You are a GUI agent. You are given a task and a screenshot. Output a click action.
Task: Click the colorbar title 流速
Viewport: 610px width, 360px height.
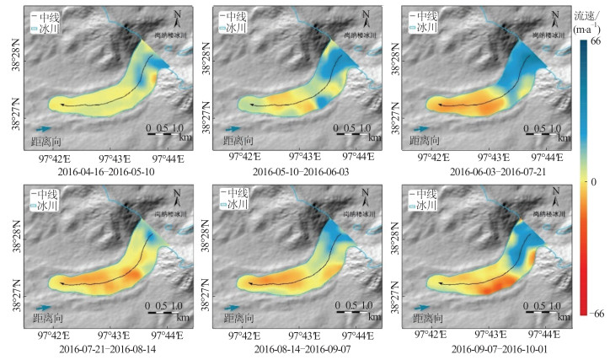(x=586, y=15)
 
